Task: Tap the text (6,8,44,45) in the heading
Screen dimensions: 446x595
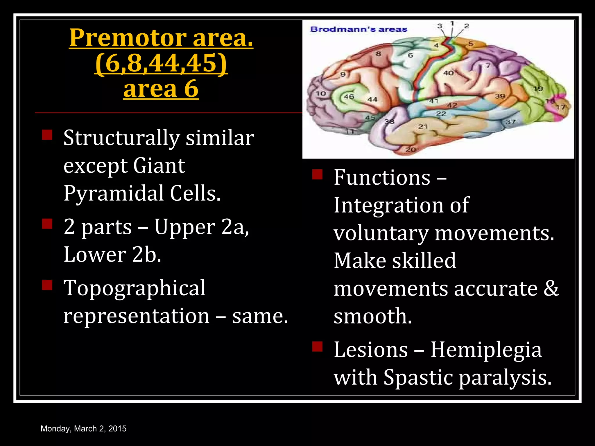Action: (x=161, y=63)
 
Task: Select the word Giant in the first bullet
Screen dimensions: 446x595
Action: (x=159, y=166)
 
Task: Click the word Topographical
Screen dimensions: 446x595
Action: (x=135, y=288)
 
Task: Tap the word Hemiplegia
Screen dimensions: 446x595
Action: (x=486, y=350)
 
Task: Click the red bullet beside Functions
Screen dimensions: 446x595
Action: (x=318, y=175)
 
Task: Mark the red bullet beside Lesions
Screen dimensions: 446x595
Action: (x=318, y=347)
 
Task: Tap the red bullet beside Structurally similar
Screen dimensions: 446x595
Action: (x=47, y=135)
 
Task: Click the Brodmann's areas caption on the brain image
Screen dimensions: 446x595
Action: (x=359, y=29)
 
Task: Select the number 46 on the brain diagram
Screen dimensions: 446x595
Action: (x=349, y=96)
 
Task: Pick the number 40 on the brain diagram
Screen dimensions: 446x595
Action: (x=448, y=73)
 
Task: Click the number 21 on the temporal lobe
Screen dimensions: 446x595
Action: (x=423, y=127)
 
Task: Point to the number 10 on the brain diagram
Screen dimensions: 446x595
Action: (x=321, y=93)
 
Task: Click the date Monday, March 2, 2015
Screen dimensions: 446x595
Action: (x=84, y=429)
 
